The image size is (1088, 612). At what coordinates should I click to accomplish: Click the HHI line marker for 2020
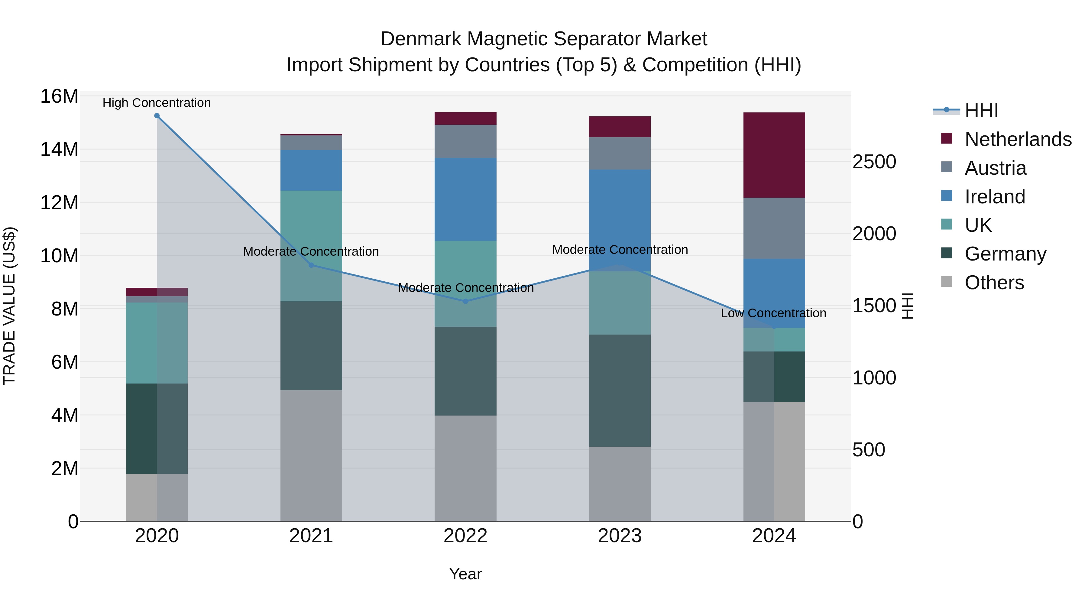click(157, 116)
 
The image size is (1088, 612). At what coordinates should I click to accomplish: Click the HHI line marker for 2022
click(465, 301)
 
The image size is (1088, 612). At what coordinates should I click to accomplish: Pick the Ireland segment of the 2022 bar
click(465, 199)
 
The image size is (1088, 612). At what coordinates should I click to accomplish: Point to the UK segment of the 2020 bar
click(157, 343)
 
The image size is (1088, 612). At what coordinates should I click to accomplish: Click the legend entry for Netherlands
click(1018, 139)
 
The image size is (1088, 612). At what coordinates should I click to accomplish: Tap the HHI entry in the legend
click(981, 111)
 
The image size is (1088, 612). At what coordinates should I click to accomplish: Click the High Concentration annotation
click(157, 103)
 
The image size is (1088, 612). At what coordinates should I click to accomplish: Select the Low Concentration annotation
click(773, 313)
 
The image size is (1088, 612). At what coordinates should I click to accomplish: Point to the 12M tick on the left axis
click(59, 203)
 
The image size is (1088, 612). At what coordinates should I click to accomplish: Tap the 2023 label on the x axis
click(620, 536)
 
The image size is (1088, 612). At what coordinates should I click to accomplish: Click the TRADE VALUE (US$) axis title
click(9, 306)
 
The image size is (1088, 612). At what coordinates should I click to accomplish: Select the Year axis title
click(465, 574)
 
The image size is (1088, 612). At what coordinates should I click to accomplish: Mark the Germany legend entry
click(1005, 254)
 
